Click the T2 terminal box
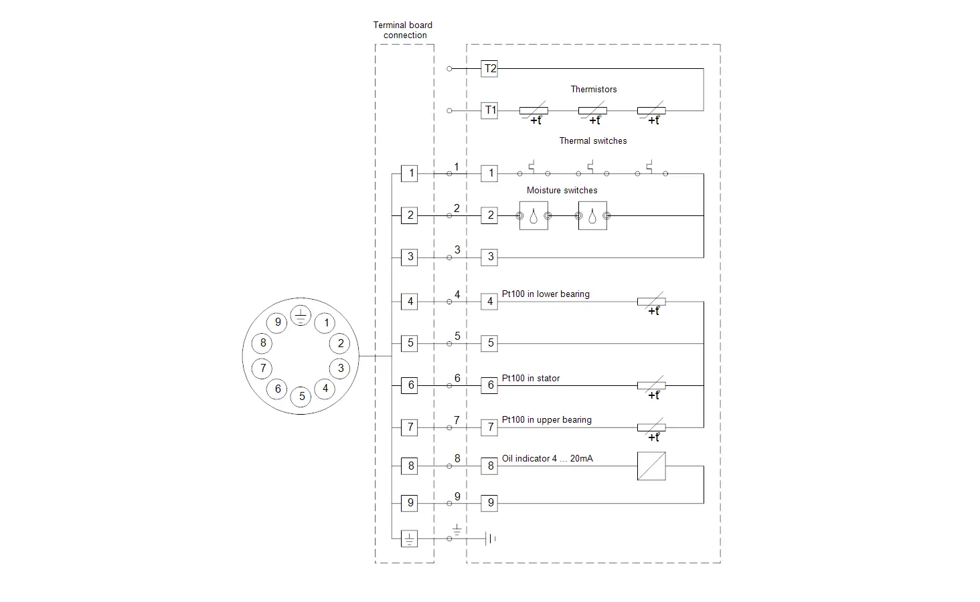point(489,69)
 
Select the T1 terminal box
point(489,110)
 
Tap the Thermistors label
point(593,89)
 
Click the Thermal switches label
point(593,140)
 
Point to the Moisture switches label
point(562,190)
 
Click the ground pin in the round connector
point(301,316)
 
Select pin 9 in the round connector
point(277,322)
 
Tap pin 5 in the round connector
point(301,397)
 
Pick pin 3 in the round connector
point(340,369)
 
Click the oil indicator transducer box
point(651,466)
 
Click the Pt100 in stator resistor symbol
point(651,386)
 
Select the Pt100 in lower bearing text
point(546,294)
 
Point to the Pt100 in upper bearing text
point(546,419)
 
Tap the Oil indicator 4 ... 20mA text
point(548,458)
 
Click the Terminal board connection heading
point(403,30)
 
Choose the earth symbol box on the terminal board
point(409,538)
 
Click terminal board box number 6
point(409,385)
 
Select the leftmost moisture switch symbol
point(534,215)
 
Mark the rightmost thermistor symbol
point(651,112)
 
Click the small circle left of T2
point(449,69)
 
